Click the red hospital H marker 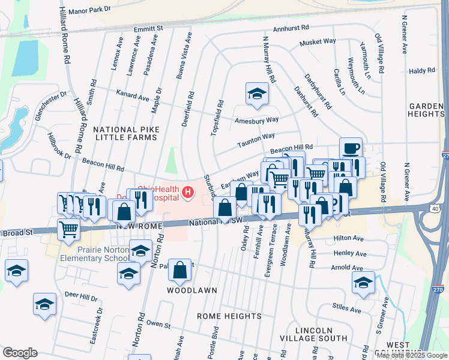tap(188, 192)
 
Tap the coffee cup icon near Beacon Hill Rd tap(351, 148)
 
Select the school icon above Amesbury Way tap(256, 94)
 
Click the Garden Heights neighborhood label tap(426, 110)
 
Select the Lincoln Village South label tap(322, 335)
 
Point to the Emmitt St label tap(149, 28)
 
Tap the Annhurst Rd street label tap(291, 28)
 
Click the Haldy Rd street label tap(421, 71)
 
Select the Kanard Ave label tap(133, 96)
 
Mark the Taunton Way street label tap(256, 140)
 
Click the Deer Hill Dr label tap(81, 296)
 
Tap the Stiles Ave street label tap(347, 308)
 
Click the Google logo tap(20, 353)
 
